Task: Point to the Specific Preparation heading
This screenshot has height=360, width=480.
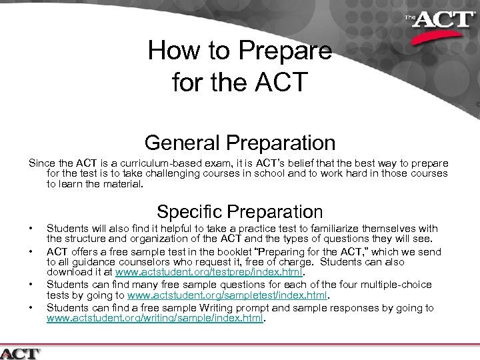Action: pyautogui.click(x=240, y=212)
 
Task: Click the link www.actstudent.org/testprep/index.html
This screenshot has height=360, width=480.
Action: pyautogui.click(x=209, y=272)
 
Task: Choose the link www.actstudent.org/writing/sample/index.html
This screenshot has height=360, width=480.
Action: pyautogui.click(x=155, y=318)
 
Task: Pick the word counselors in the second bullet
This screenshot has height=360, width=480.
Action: pyautogui.click(x=128, y=263)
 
